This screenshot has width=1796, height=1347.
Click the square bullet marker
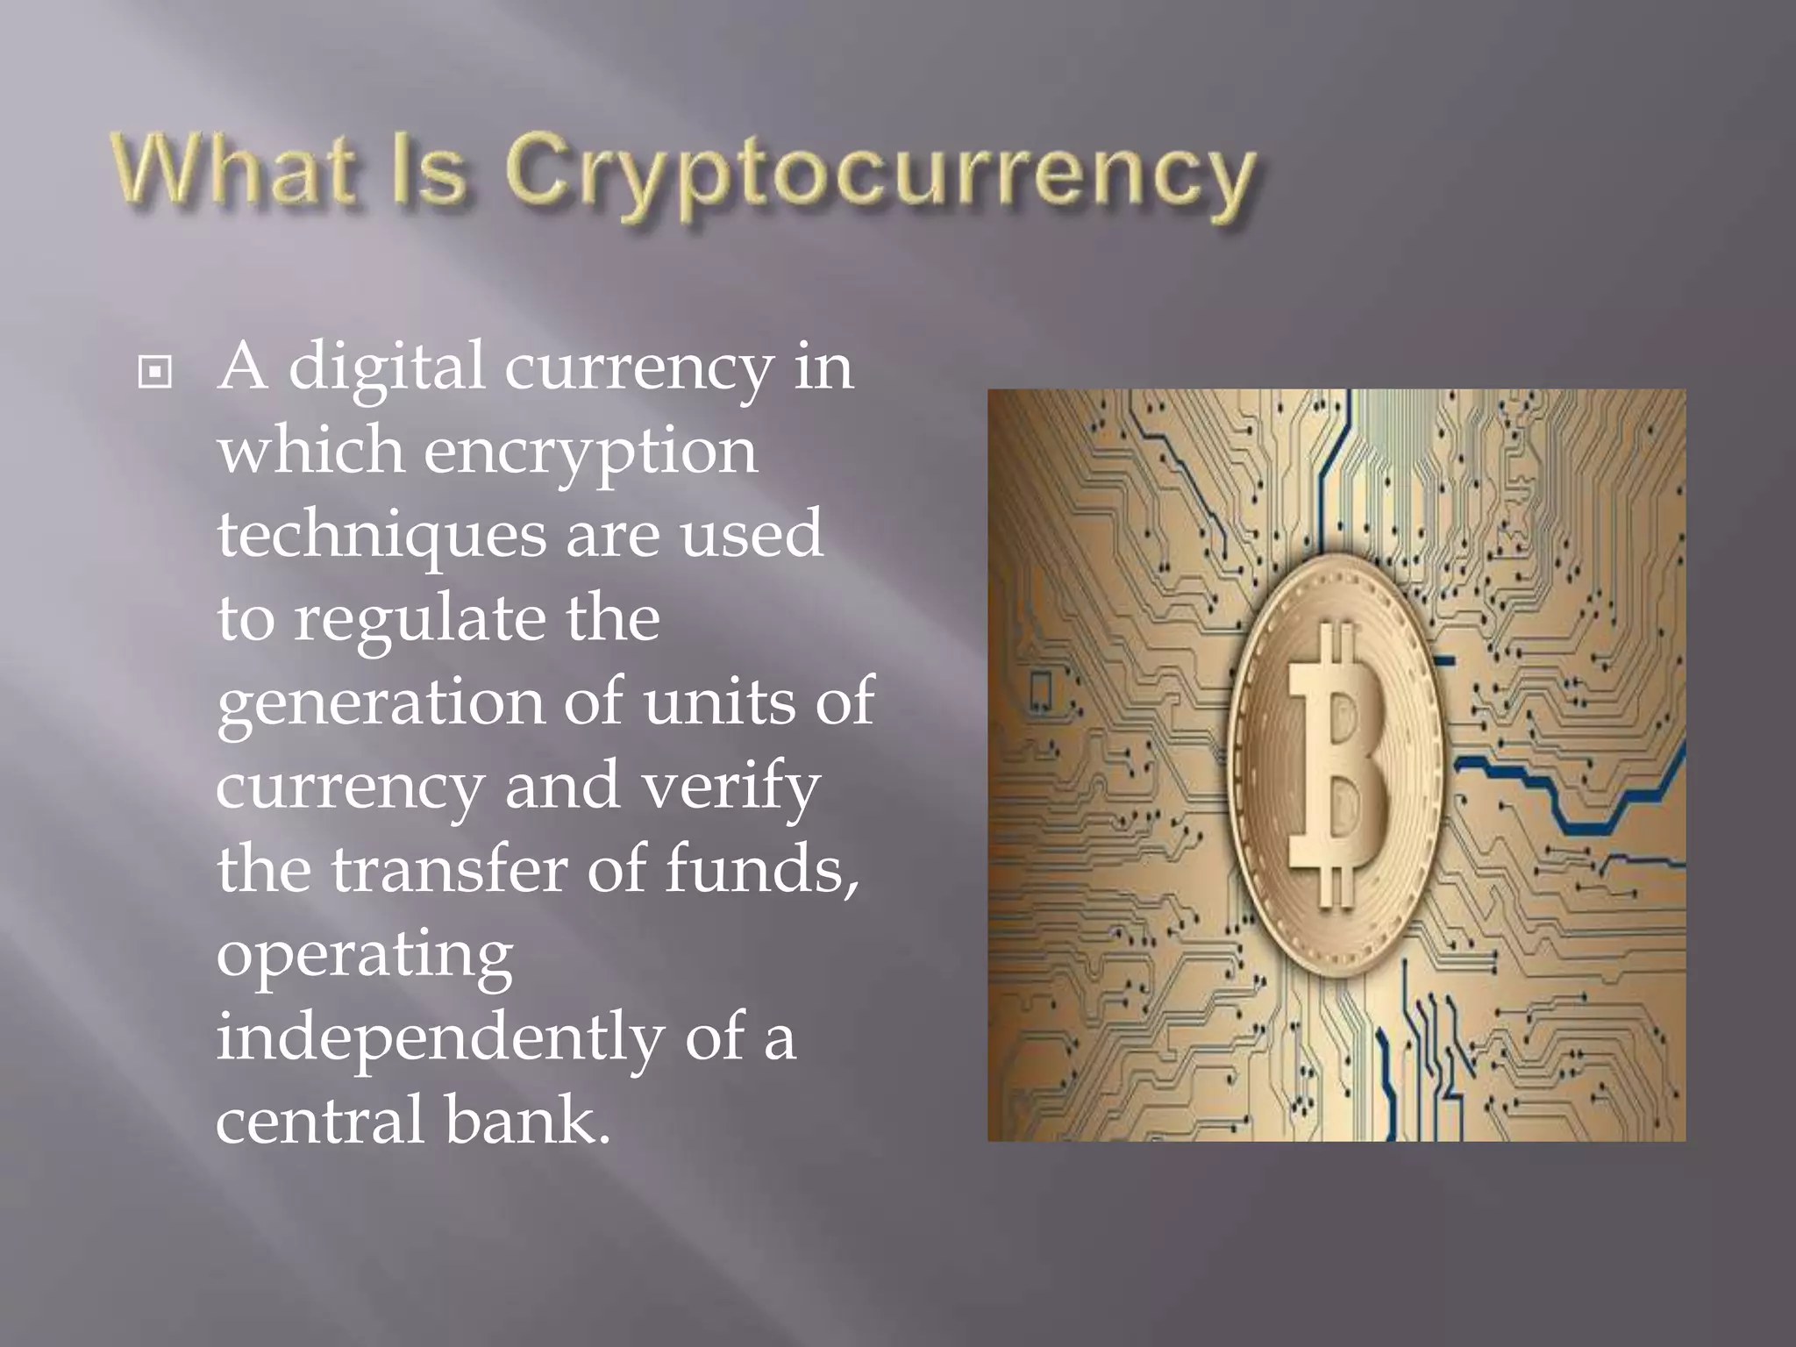[155, 373]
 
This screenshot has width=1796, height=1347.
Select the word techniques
[381, 535]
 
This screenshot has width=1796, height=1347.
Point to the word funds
[761, 869]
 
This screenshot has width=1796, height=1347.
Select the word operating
[365, 955]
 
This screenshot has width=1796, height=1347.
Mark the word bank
[525, 1120]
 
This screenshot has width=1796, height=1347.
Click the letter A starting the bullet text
[242, 367]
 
